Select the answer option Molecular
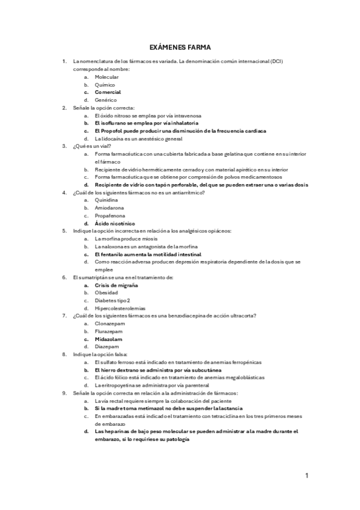click(106, 77)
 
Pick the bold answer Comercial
click(108, 93)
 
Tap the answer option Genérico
click(106, 100)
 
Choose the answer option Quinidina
click(106, 200)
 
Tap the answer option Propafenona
click(110, 215)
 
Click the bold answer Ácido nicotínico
click(115, 223)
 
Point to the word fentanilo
click(112, 254)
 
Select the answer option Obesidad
click(106, 293)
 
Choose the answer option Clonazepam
click(109, 324)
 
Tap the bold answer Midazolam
click(109, 339)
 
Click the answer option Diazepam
click(106, 347)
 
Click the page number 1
click(307, 476)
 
